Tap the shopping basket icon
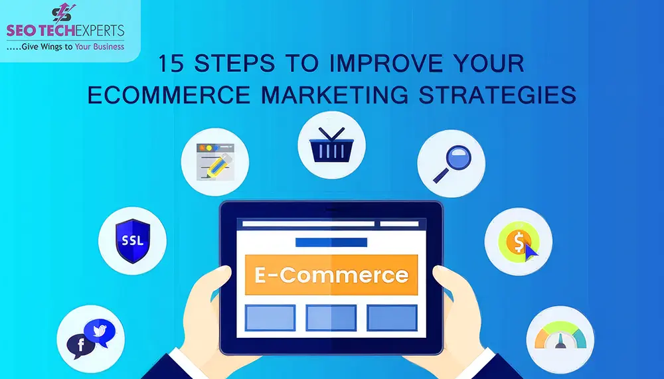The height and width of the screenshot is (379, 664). (x=330, y=145)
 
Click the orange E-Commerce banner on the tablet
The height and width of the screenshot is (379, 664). (x=331, y=274)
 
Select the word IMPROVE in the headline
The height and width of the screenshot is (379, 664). (x=376, y=64)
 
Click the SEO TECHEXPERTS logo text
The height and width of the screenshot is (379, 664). (x=65, y=32)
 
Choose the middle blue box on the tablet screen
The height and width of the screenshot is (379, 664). (x=331, y=317)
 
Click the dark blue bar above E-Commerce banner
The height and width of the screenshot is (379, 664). (x=331, y=242)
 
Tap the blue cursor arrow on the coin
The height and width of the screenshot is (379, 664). (x=530, y=250)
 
